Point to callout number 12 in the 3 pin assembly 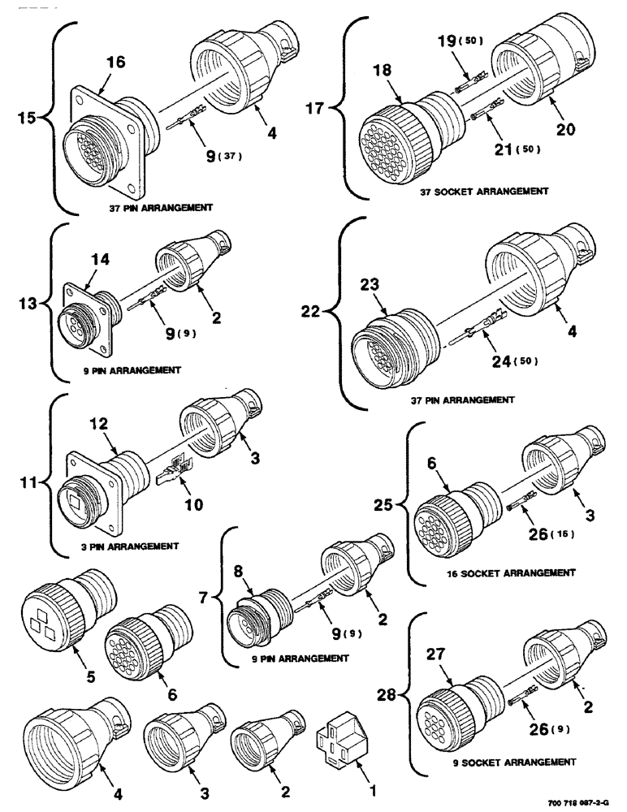point(98,424)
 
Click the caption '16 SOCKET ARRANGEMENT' point(500,572)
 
